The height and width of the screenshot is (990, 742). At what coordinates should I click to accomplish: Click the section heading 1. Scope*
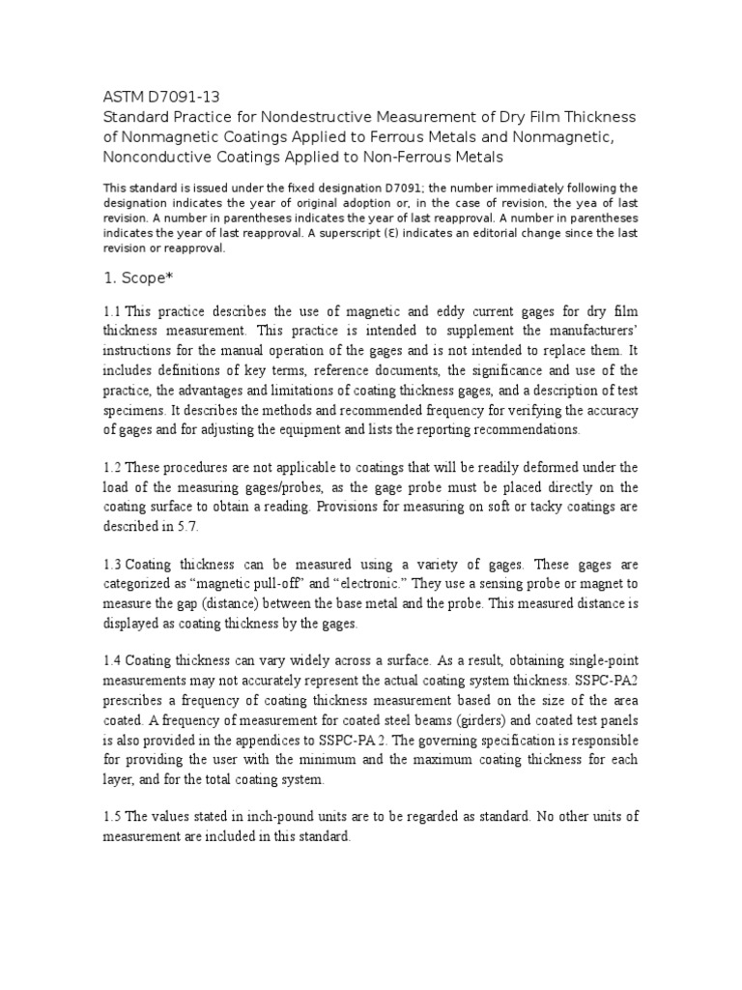click(x=136, y=277)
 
